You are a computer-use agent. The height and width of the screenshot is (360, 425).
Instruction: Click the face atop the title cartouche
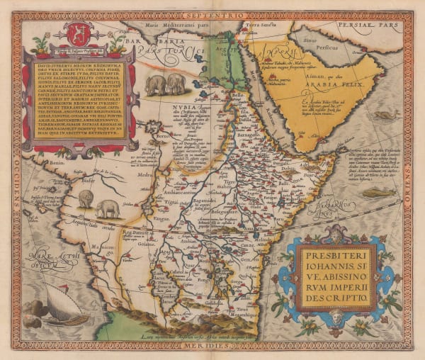pyautogui.click(x=341, y=231)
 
